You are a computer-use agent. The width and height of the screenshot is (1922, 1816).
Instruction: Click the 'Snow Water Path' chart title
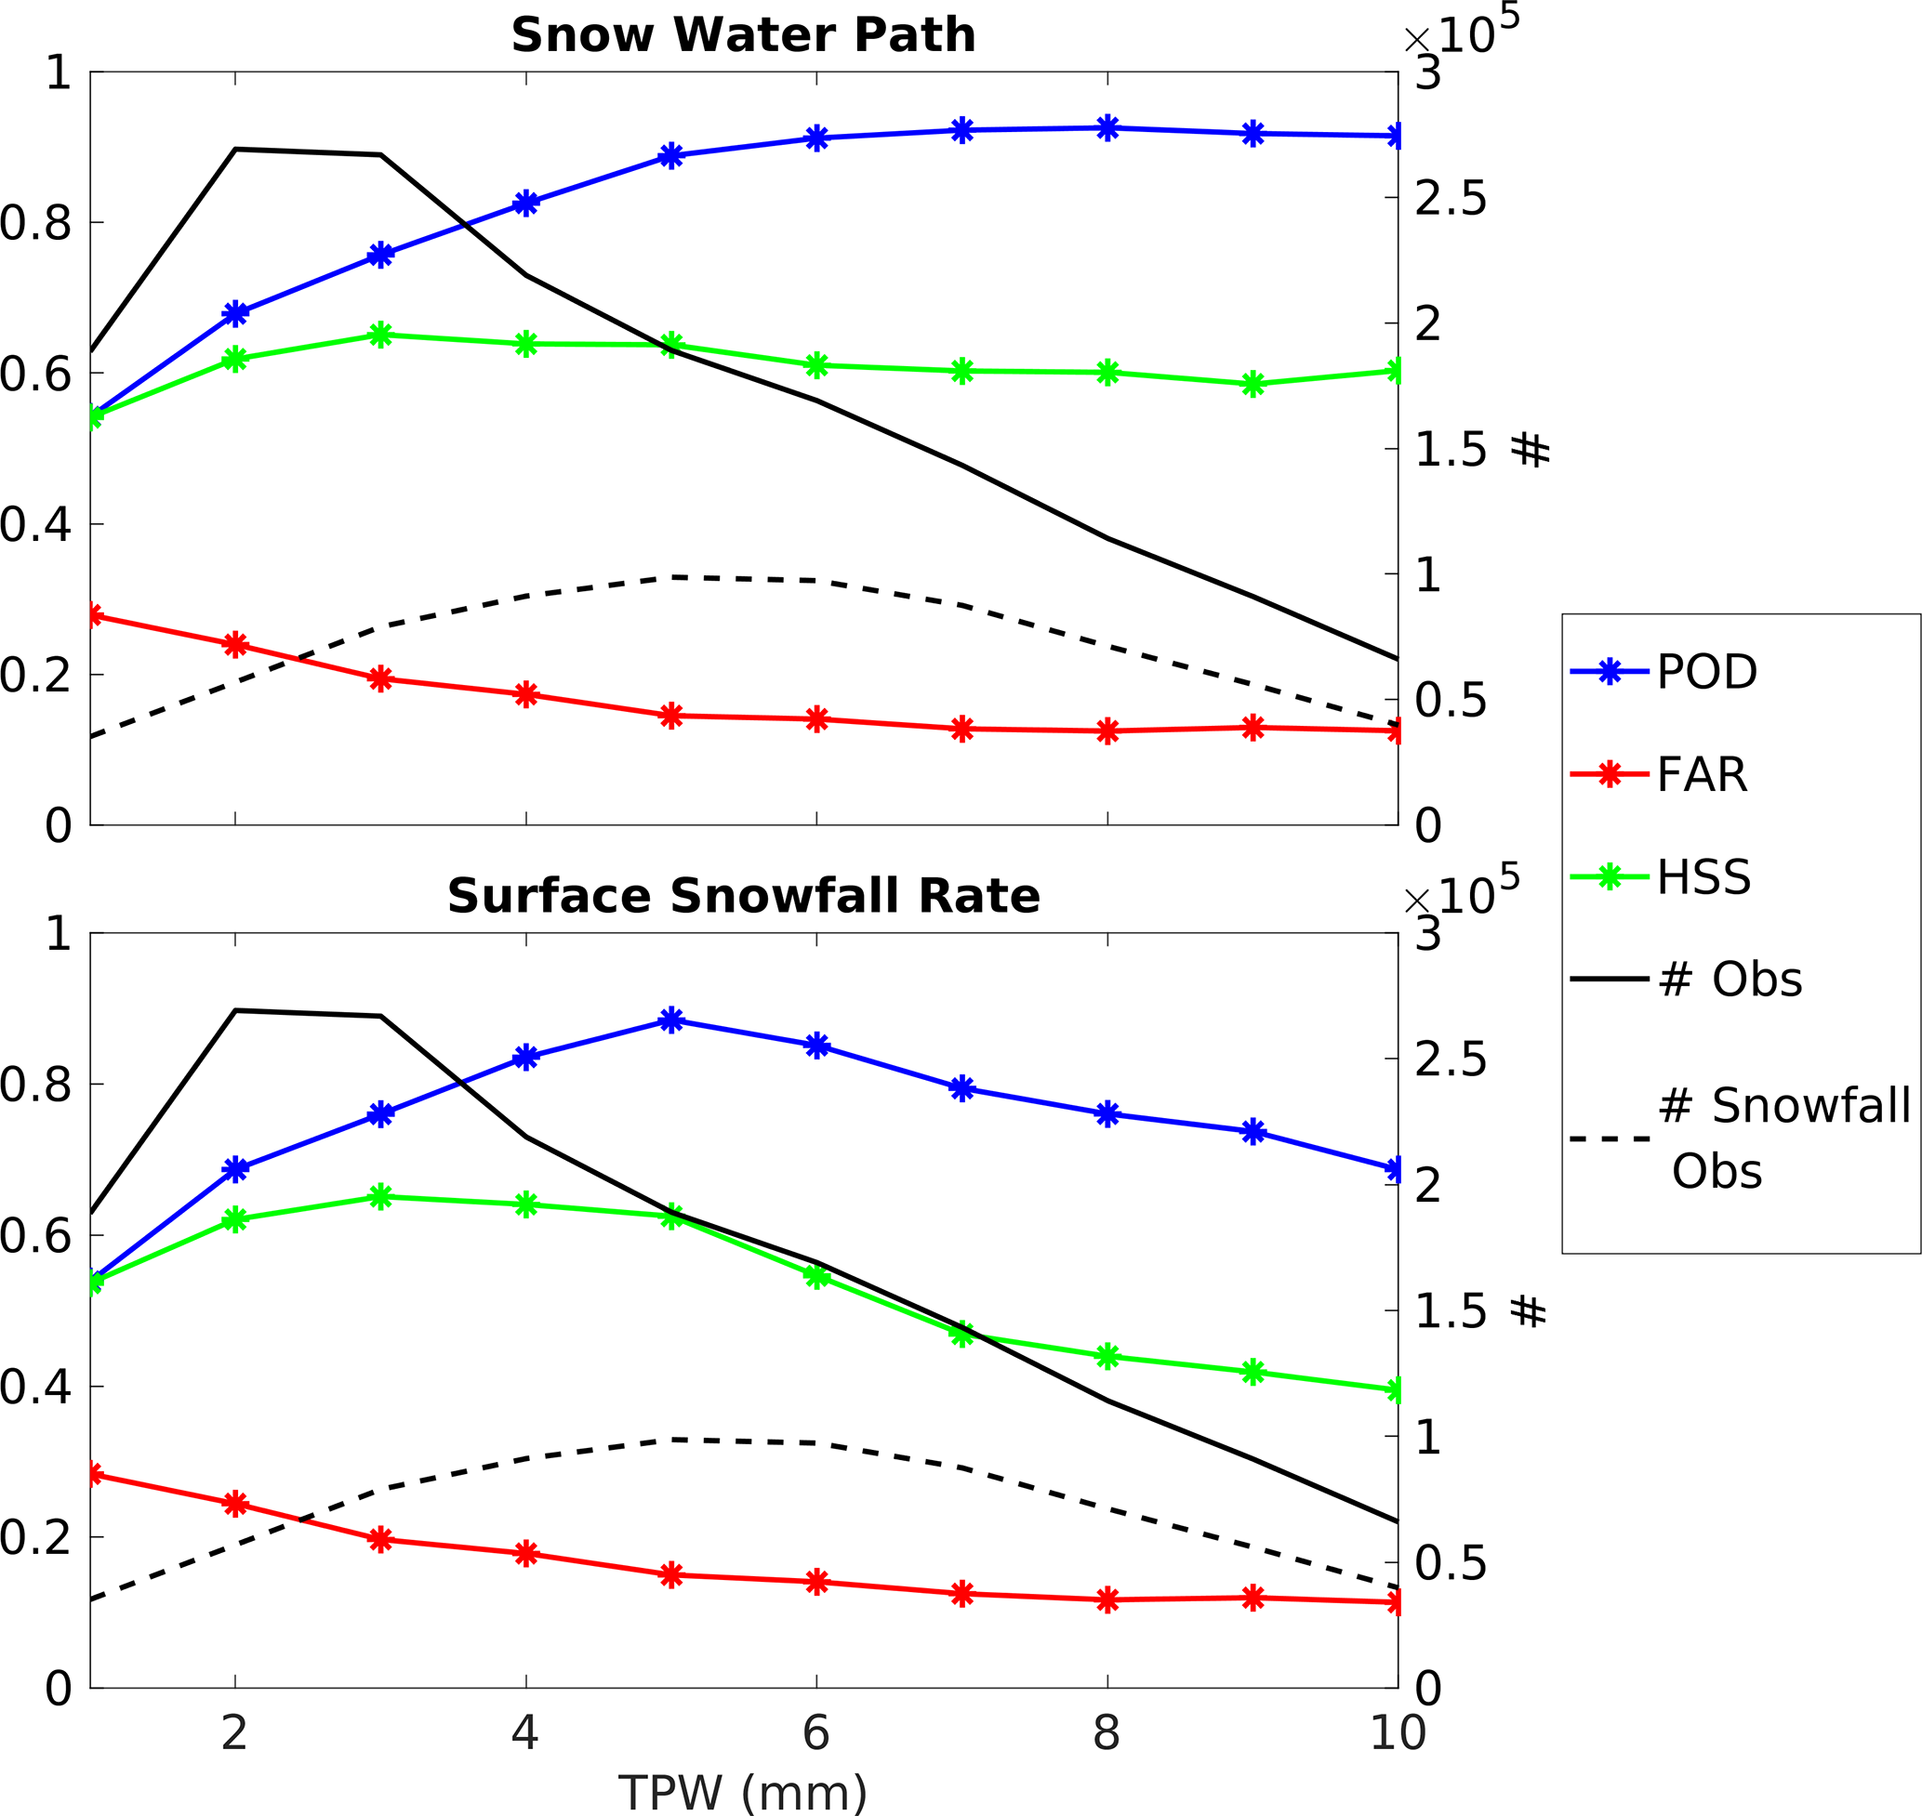click(743, 36)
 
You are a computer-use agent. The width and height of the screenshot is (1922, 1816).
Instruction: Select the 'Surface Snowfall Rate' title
click(743, 897)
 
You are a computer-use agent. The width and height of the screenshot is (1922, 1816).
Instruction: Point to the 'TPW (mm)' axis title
click(742, 1793)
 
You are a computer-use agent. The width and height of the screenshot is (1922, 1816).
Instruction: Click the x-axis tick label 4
click(524, 1732)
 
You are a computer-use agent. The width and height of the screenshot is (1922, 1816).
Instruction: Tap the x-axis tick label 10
click(1397, 1732)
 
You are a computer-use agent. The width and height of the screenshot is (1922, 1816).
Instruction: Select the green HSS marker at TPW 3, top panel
click(380, 336)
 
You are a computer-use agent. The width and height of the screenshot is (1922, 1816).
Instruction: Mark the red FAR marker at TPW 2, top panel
click(235, 645)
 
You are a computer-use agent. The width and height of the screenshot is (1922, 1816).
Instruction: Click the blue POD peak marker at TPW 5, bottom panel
click(671, 1020)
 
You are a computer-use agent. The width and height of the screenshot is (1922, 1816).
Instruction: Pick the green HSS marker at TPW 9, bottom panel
click(1253, 1372)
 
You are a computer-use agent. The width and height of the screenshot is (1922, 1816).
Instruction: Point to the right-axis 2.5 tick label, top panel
click(1450, 199)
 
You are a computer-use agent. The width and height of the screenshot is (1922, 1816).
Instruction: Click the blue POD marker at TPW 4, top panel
click(525, 204)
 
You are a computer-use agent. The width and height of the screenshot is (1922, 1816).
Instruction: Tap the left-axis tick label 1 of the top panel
click(58, 72)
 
